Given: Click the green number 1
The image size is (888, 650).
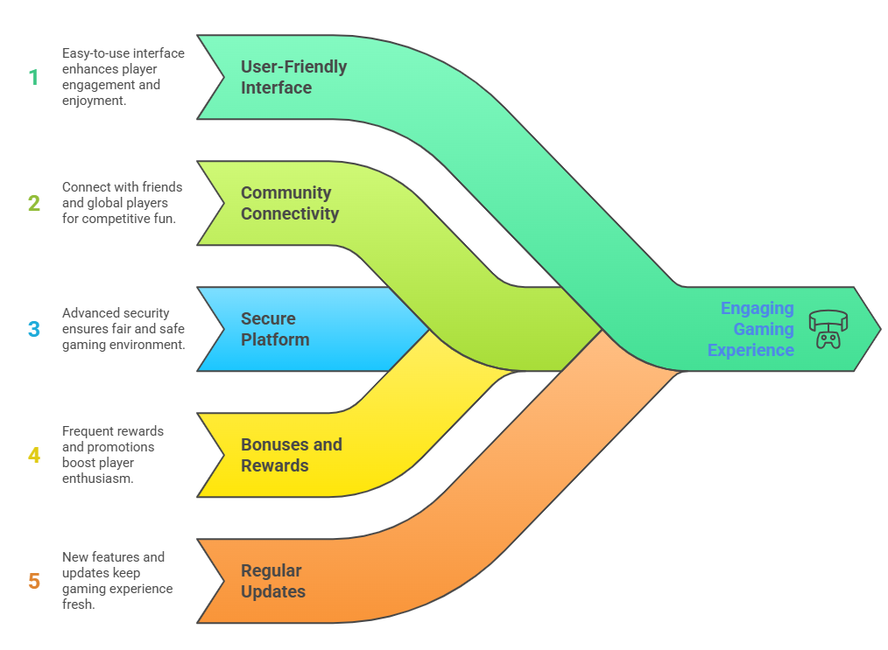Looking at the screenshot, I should point(34,78).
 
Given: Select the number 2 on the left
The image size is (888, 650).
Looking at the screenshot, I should point(34,204).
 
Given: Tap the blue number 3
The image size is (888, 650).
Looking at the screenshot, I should point(34,330).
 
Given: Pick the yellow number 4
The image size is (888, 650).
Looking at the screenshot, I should point(34,455).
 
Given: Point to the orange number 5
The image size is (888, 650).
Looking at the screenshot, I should point(34,581).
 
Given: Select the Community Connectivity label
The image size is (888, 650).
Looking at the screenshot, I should point(289,203).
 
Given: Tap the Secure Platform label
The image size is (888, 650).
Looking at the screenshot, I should point(275,329).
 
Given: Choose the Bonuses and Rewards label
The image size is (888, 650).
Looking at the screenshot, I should point(291,455).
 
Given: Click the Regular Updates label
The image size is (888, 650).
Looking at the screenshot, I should point(273,581).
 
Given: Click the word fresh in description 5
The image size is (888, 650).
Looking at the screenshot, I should point(78,605).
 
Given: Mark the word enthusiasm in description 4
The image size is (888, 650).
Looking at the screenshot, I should point(97,479).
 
